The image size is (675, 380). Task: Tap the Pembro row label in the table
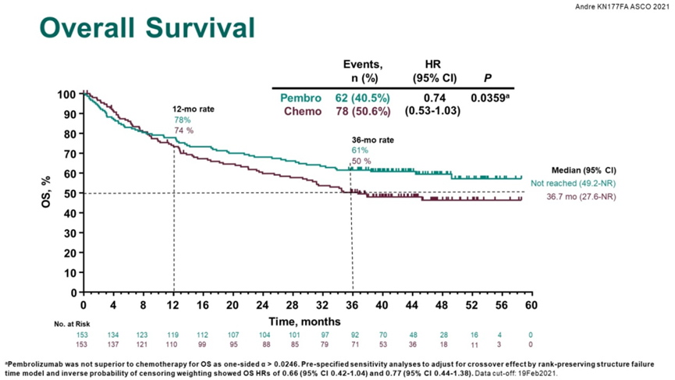(297, 98)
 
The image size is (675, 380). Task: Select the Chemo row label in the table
(298, 111)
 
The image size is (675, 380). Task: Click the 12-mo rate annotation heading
(193, 111)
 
